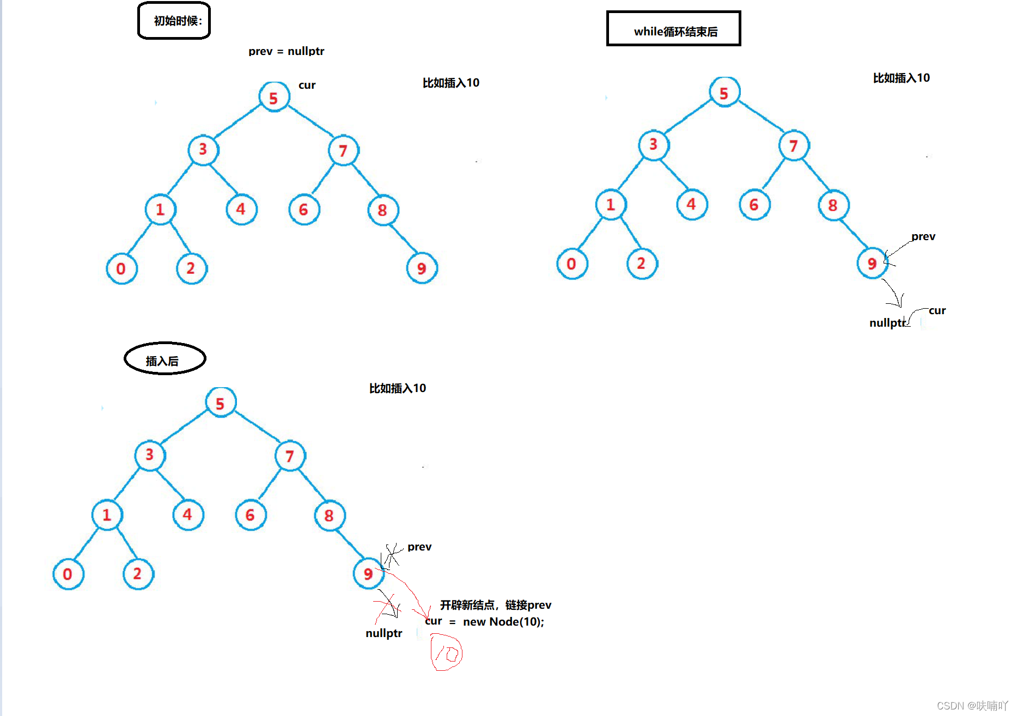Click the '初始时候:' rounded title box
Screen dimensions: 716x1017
174,21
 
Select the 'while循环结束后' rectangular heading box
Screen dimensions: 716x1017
674,29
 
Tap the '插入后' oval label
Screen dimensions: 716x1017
165,359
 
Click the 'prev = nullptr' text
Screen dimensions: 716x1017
286,51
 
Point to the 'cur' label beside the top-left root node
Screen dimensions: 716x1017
307,85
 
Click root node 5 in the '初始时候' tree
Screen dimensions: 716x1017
274,97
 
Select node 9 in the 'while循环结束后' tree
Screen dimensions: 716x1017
872,263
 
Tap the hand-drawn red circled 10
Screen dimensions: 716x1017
447,652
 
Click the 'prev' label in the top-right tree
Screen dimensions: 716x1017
923,236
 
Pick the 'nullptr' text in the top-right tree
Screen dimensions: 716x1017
887,323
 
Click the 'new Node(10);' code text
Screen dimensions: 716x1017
503,622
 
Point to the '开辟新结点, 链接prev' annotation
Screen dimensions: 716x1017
495,605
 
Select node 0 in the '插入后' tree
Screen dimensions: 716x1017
68,574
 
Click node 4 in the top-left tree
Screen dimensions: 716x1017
241,209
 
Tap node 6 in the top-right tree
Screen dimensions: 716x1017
754,205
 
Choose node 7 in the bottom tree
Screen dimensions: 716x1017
290,456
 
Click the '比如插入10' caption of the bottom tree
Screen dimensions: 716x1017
398,388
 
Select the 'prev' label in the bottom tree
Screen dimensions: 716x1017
419,547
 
